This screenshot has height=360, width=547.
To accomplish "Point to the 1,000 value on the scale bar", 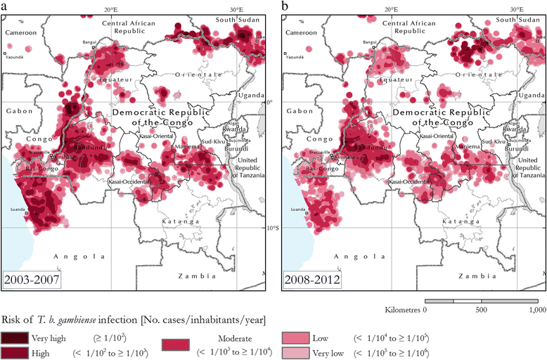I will click(x=536, y=309).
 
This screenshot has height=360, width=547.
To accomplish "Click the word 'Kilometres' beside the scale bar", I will click(x=404, y=309).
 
